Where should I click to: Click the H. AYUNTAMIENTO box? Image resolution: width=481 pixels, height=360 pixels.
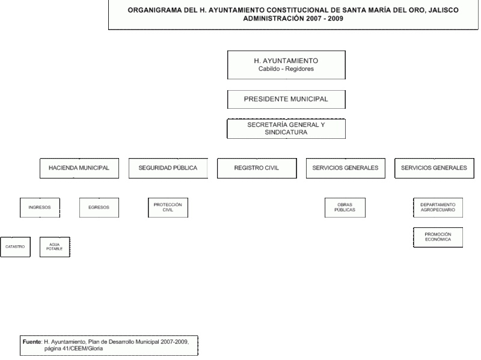286,65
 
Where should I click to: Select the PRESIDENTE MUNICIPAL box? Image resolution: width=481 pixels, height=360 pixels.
286,99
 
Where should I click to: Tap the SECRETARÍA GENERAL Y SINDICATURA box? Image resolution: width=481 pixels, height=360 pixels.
286,129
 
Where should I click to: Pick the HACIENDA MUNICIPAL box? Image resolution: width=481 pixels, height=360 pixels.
79,168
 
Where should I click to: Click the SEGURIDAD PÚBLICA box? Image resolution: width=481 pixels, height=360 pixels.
168,168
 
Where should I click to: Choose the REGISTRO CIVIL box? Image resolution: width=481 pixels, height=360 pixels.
257,168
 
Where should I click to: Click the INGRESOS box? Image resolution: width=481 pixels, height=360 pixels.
40,207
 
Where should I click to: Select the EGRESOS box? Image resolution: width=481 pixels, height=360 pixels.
99,207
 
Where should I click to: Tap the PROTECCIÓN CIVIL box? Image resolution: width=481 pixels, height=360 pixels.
168,207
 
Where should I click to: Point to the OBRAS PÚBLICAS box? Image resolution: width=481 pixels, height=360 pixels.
345,207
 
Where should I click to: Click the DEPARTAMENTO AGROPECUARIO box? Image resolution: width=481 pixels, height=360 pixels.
438,207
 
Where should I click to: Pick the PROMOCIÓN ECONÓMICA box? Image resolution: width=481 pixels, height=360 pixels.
438,237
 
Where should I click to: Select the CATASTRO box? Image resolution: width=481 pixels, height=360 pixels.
16,247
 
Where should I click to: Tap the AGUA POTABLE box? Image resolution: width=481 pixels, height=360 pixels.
55,247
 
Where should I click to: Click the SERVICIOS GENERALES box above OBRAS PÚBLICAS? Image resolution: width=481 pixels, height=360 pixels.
345,168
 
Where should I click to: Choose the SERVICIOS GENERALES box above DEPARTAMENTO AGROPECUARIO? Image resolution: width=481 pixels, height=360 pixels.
434,168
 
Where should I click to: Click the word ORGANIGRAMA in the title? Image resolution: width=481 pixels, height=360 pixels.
155,10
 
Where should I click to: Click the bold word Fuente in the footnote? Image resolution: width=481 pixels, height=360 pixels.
32,341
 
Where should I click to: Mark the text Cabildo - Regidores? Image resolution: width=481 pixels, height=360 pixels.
286,69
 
